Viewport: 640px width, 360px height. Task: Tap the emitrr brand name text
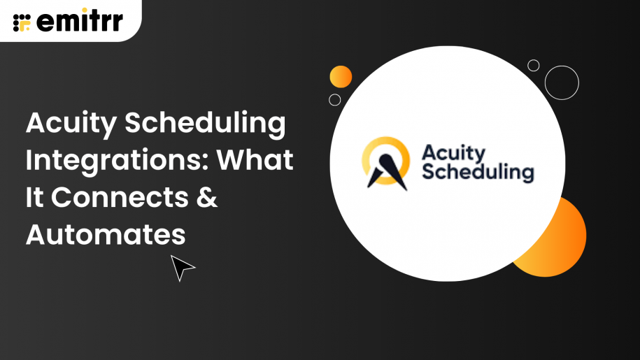pyautogui.click(x=78, y=21)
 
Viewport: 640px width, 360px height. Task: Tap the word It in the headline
pyautogui.click(x=34, y=198)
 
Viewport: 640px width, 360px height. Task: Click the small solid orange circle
pyautogui.click(x=341, y=76)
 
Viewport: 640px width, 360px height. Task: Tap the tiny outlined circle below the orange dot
pyautogui.click(x=335, y=99)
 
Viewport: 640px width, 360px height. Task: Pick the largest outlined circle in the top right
pyautogui.click(x=562, y=82)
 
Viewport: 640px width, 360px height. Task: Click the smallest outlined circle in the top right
pyautogui.click(x=534, y=66)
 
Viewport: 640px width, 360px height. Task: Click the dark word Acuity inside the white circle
pyautogui.click(x=453, y=152)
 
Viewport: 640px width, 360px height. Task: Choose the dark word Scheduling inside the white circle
pyautogui.click(x=478, y=171)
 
